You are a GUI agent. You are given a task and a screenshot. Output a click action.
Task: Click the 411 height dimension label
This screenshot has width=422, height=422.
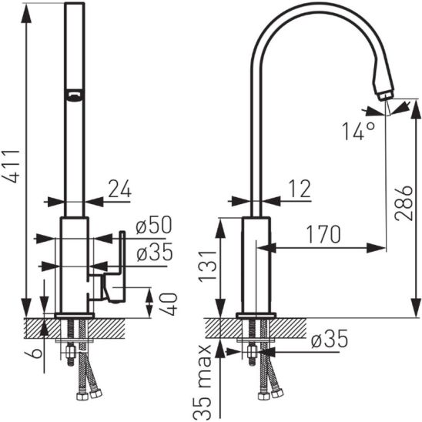(x=12, y=166)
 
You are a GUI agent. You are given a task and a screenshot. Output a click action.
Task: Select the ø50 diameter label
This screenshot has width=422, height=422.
(x=154, y=225)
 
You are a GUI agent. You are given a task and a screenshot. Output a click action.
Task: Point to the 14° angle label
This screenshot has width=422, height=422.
(x=358, y=131)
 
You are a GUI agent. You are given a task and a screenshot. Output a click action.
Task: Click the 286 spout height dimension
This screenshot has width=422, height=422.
(x=404, y=203)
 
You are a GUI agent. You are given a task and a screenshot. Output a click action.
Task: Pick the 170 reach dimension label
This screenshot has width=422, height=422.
(x=323, y=234)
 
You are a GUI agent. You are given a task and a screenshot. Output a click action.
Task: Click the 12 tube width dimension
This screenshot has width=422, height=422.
(x=300, y=189)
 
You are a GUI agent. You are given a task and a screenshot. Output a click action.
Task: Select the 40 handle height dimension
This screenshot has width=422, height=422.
(x=168, y=304)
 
